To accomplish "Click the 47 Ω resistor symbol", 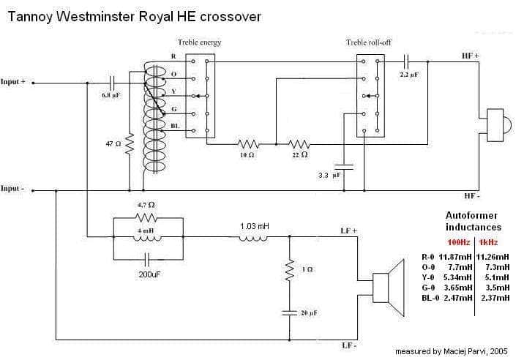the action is [129, 143].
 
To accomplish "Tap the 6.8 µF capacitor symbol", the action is [112, 83].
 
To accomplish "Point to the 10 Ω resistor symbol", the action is [248, 144].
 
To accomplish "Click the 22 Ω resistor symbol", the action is [299, 144].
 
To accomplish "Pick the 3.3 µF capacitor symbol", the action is [344, 166].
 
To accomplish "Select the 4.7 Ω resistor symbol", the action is [146, 218].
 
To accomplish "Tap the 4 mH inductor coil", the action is [147, 238].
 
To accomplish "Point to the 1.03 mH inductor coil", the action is [253, 238].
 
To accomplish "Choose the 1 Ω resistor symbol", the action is [290, 269].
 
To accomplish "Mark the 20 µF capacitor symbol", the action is [289, 313].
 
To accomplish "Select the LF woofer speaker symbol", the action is [389, 288].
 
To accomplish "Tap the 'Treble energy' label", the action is [199, 42].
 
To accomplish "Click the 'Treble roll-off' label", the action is [368, 42].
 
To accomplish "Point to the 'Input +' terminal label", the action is [13, 81].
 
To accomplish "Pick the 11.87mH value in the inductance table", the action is [454, 257].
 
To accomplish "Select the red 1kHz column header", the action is [488, 242].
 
